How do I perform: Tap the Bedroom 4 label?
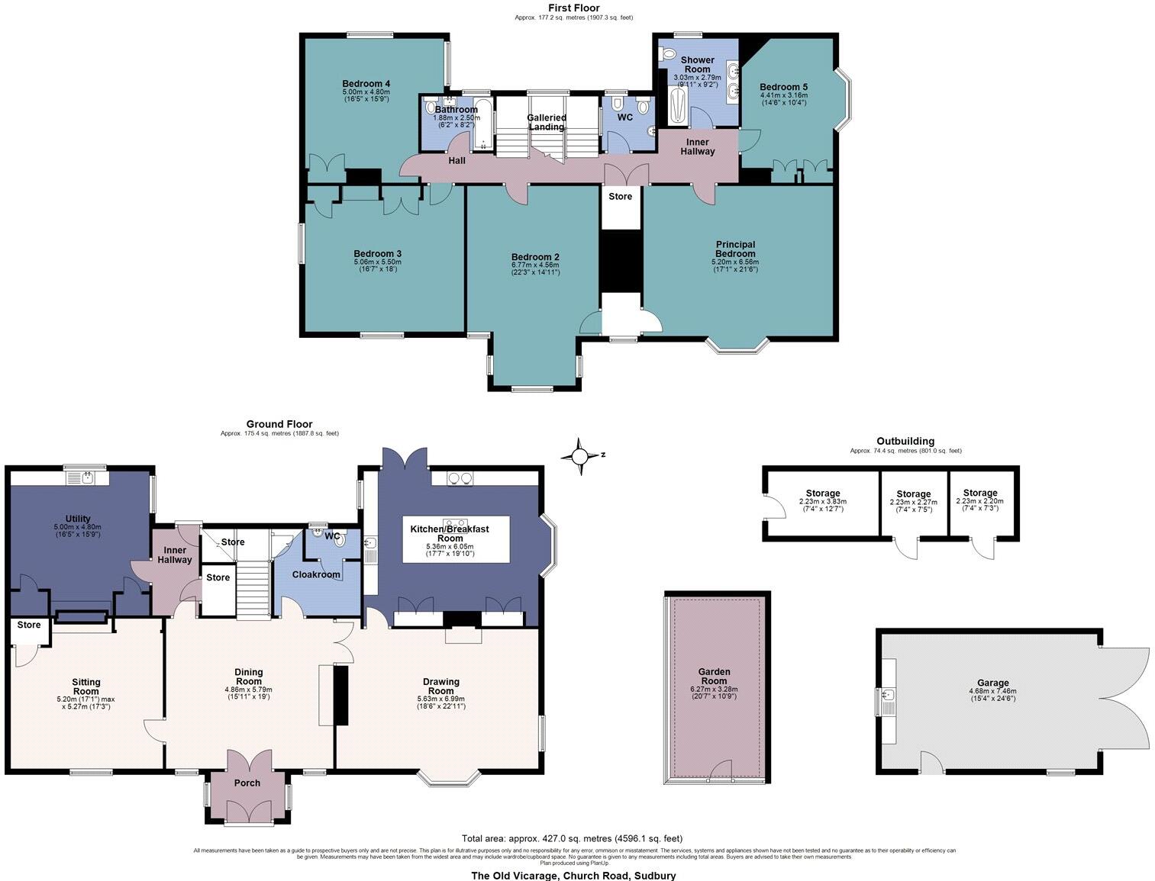point(366,84)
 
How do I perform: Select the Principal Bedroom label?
point(735,249)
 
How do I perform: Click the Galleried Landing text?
point(547,122)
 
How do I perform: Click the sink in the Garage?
point(887,696)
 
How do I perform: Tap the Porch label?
point(247,783)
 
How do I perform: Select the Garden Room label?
point(715,677)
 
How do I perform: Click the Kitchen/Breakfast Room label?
point(450,533)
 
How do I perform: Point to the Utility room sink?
point(85,478)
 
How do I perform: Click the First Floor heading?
point(574,8)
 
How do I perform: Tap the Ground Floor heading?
point(279,424)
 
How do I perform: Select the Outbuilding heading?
point(905,441)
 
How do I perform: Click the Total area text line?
point(572,838)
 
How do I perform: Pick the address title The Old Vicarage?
point(573,875)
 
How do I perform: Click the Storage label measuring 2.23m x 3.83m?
point(823,494)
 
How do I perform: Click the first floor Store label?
point(621,197)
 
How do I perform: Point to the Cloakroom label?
point(316,574)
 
